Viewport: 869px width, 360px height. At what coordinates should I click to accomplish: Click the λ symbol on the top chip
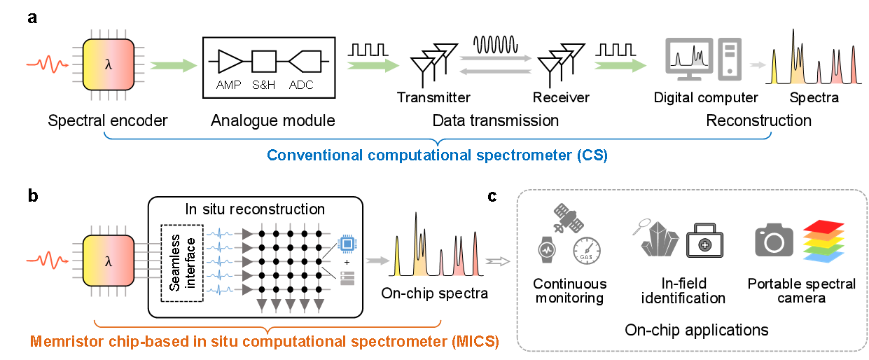(108, 65)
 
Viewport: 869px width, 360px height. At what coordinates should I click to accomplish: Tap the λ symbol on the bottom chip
(108, 261)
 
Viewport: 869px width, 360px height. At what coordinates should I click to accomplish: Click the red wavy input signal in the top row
(47, 65)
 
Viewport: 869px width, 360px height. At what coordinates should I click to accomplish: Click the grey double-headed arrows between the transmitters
(496, 64)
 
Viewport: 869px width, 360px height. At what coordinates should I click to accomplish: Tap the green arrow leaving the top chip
(174, 65)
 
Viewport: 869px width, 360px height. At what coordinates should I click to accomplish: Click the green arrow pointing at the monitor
(620, 65)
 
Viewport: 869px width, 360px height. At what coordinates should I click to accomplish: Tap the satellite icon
(568, 219)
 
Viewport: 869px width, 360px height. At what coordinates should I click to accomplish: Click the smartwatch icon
(546, 249)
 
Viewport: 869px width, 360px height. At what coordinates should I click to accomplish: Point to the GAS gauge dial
(586, 250)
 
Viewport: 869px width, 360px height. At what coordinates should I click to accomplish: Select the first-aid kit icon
(704, 242)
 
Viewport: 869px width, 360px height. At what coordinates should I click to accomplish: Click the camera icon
(774, 240)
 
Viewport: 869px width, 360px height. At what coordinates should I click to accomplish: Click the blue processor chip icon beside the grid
(346, 243)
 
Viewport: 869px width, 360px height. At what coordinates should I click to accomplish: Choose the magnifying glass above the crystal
(640, 227)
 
